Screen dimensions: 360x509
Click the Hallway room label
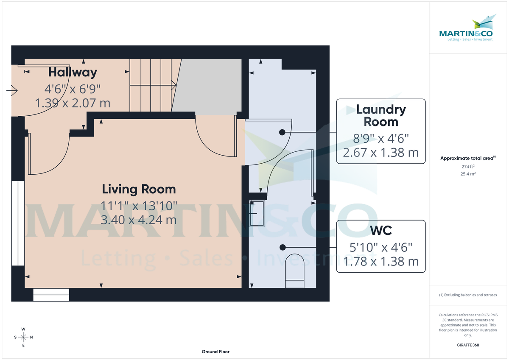[73, 73]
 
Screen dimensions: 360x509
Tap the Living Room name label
[139, 189]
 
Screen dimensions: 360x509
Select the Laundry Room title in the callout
[381, 116]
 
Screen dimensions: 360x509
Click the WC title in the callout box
[380, 231]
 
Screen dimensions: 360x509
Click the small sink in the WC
[257, 213]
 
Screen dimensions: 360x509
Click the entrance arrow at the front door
[12, 90]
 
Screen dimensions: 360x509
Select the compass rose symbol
[23, 337]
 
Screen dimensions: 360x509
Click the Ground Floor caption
[215, 352]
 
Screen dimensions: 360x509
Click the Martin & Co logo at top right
[466, 30]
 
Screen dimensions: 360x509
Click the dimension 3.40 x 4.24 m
[139, 220]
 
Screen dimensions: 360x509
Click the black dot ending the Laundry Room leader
[282, 133]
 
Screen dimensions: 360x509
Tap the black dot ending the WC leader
[282, 247]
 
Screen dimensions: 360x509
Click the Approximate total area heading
[467, 158]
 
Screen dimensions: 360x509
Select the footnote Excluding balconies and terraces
[468, 295]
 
